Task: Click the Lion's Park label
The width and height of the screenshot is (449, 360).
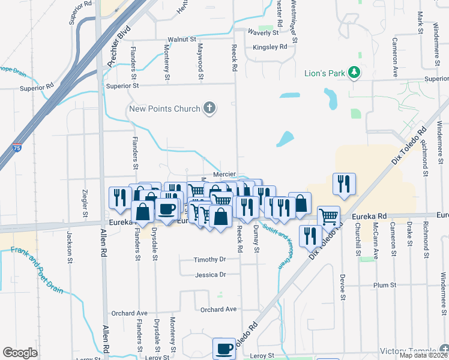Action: point(325,74)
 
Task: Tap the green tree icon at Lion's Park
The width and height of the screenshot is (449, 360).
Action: point(355,73)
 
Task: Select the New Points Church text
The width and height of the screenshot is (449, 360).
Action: point(164,109)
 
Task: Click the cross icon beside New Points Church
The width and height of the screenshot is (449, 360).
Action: point(209,108)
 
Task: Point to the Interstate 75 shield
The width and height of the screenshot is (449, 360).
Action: point(17,147)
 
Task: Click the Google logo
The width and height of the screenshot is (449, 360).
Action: point(20,352)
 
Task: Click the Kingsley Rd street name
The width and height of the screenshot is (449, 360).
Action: point(270,47)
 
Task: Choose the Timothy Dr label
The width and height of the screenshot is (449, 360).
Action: point(209,260)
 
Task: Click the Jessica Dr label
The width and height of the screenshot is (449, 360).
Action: point(210,275)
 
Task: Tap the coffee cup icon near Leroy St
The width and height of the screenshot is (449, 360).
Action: point(224,348)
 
